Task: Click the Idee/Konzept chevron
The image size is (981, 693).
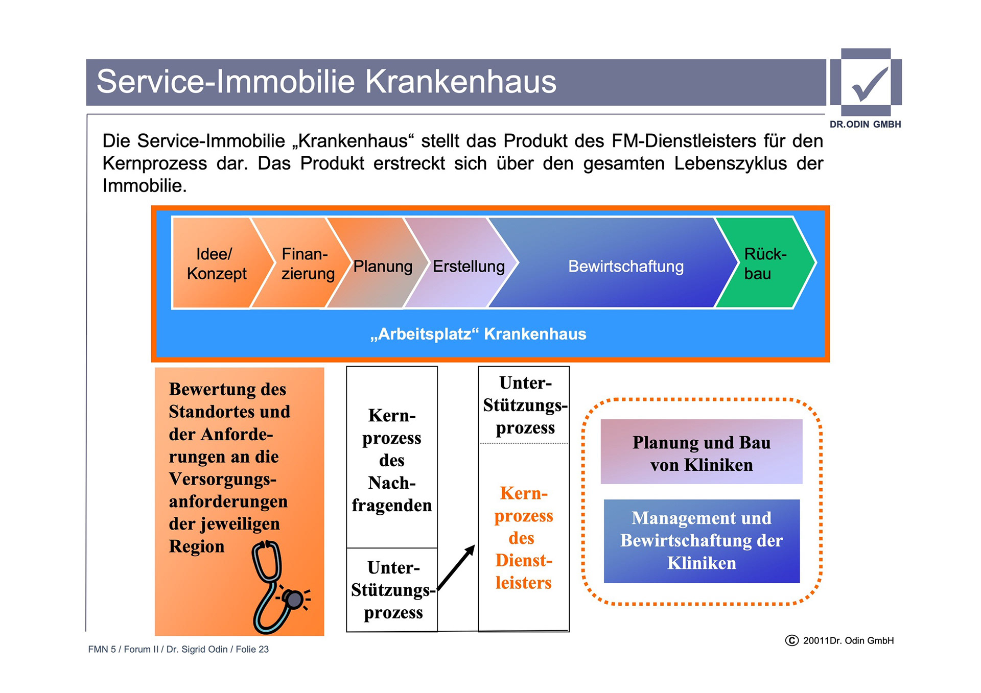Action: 217,264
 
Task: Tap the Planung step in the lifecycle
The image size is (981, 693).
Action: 383,266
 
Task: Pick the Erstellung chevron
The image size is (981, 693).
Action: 469,266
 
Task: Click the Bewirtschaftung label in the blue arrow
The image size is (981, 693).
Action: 625,266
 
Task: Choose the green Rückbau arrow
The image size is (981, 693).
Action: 765,264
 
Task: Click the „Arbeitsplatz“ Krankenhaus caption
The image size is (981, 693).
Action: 478,334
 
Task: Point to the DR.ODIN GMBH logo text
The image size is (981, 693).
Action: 865,124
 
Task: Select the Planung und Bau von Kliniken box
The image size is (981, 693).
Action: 701,452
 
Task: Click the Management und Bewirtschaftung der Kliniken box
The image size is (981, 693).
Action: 701,540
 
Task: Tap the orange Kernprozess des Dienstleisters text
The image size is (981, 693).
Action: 524,538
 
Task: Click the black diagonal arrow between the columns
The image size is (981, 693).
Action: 456,567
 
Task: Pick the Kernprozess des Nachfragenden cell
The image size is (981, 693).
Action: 392,460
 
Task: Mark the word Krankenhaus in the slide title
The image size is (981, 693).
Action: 460,82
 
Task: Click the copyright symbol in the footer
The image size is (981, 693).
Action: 791,640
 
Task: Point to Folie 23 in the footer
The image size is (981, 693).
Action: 252,649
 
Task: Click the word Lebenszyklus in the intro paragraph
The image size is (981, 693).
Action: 730,163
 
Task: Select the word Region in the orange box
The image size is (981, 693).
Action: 197,546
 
